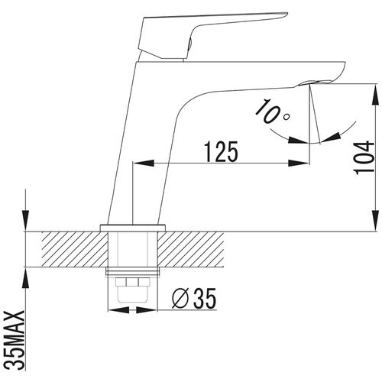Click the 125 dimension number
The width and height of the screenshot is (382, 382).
point(222,152)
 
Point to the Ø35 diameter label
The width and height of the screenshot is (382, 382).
point(194,298)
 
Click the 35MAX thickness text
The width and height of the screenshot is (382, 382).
point(16,340)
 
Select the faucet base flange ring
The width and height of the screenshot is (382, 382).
point(133,228)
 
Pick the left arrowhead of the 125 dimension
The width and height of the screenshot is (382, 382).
point(144,163)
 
